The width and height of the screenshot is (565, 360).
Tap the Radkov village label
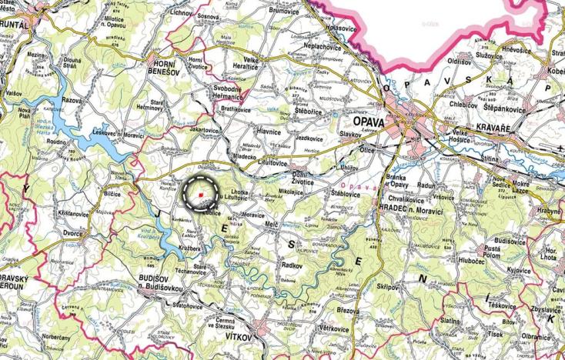(292, 265)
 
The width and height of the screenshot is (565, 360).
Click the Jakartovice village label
(206, 131)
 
